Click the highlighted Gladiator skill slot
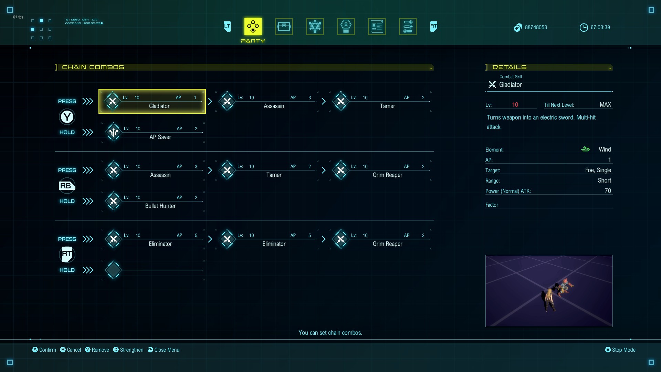point(152,101)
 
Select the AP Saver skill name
point(160,137)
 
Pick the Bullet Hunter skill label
point(160,206)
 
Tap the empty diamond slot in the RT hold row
point(114,270)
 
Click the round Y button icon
point(67,117)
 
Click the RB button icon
point(67,186)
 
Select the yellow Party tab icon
point(253,27)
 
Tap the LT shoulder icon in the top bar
point(227,27)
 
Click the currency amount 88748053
point(536,28)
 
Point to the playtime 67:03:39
point(600,28)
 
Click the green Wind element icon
point(585,149)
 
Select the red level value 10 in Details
point(515,105)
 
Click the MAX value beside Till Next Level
point(605,105)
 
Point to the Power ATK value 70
point(608,191)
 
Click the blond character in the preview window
point(549,299)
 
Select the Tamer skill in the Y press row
point(387,106)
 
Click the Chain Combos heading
point(93,67)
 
